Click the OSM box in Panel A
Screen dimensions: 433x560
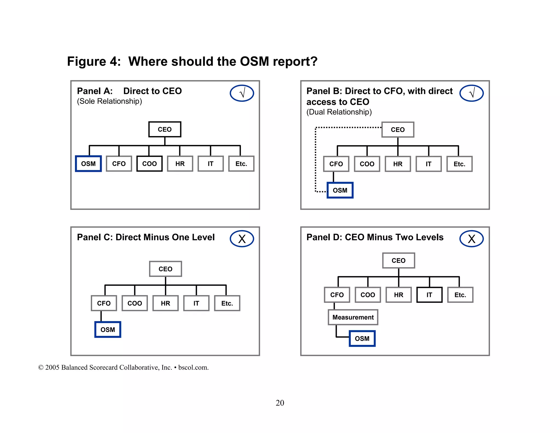(88, 164)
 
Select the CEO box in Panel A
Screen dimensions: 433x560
(165, 129)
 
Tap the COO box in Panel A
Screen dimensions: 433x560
(149, 164)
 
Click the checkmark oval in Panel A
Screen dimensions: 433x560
(242, 93)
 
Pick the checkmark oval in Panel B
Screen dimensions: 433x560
(471, 93)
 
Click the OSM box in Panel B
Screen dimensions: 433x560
(340, 190)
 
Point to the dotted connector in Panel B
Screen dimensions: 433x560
(316, 159)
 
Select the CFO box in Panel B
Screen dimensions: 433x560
(336, 164)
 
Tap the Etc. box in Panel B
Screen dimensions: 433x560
(459, 164)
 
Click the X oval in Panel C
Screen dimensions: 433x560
(242, 239)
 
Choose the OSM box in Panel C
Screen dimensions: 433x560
(108, 330)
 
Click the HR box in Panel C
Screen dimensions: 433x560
(165, 303)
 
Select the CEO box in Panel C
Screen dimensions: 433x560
(165, 269)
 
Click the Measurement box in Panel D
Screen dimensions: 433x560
(353, 317)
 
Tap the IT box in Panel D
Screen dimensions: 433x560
(429, 295)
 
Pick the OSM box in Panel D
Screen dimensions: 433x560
(362, 339)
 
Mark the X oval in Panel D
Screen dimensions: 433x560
(471, 239)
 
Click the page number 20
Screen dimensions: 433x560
(280, 403)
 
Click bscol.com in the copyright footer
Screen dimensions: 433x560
(193, 368)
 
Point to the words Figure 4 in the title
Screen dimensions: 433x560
(94, 61)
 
